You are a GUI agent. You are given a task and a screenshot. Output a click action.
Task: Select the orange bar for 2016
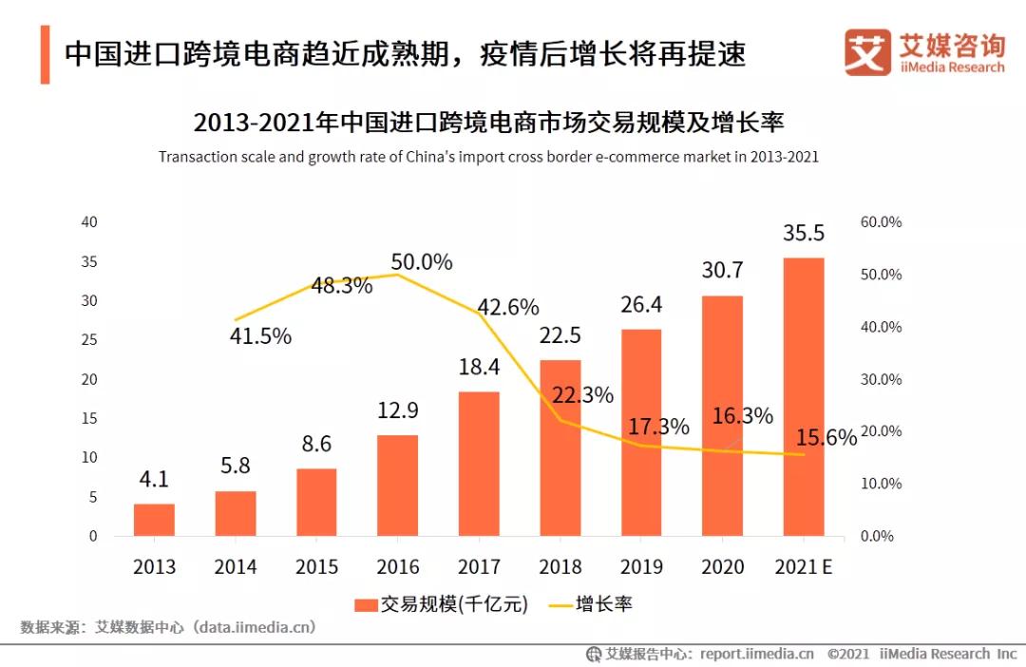pos(397,486)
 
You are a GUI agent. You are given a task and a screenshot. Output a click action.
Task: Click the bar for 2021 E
pos(803,397)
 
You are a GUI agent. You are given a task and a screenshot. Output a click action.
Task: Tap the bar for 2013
pos(154,520)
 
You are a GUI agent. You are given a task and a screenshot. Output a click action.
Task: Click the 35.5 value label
pos(803,234)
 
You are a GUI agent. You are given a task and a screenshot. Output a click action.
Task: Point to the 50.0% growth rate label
pos(422,262)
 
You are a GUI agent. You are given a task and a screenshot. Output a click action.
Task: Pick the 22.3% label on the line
pos(582,395)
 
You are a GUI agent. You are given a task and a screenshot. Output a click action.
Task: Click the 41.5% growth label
pos(260,335)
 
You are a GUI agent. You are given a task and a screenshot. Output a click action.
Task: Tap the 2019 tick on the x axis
pos(641,567)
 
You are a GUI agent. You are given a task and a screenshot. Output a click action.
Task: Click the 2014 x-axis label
pos(236,567)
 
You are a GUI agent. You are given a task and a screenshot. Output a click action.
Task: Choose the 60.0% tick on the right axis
pos(881,222)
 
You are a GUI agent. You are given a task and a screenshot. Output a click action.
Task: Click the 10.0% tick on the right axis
pos(881,484)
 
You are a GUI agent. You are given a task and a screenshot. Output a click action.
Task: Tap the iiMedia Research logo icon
pos(867,51)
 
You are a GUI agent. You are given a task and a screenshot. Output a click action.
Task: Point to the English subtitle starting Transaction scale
pos(488,157)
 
